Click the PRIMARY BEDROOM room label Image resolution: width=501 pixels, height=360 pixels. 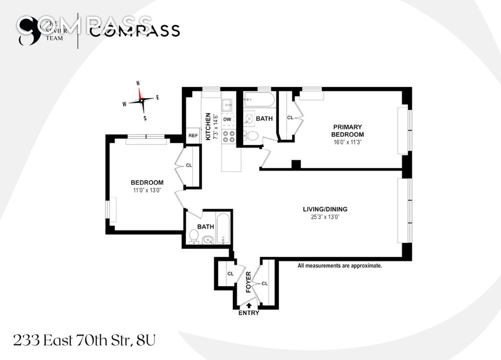coord(347,131)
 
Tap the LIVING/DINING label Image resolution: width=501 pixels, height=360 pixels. coord(325,209)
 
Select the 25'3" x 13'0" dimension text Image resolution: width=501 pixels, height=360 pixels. coord(325,217)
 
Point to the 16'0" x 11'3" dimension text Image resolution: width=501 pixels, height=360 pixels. coord(347,142)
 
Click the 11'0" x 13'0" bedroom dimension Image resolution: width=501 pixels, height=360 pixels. coord(147,190)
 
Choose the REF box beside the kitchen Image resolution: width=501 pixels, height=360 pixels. coord(193,136)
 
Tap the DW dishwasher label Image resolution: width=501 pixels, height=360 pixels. coord(227,119)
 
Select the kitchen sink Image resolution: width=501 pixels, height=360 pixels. coord(228,105)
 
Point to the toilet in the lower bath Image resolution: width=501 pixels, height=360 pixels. coord(194,237)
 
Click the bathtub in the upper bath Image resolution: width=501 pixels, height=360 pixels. coord(258,100)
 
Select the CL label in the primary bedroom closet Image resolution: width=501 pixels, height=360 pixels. coord(290,118)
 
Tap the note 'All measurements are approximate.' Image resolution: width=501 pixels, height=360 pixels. coord(339,265)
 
